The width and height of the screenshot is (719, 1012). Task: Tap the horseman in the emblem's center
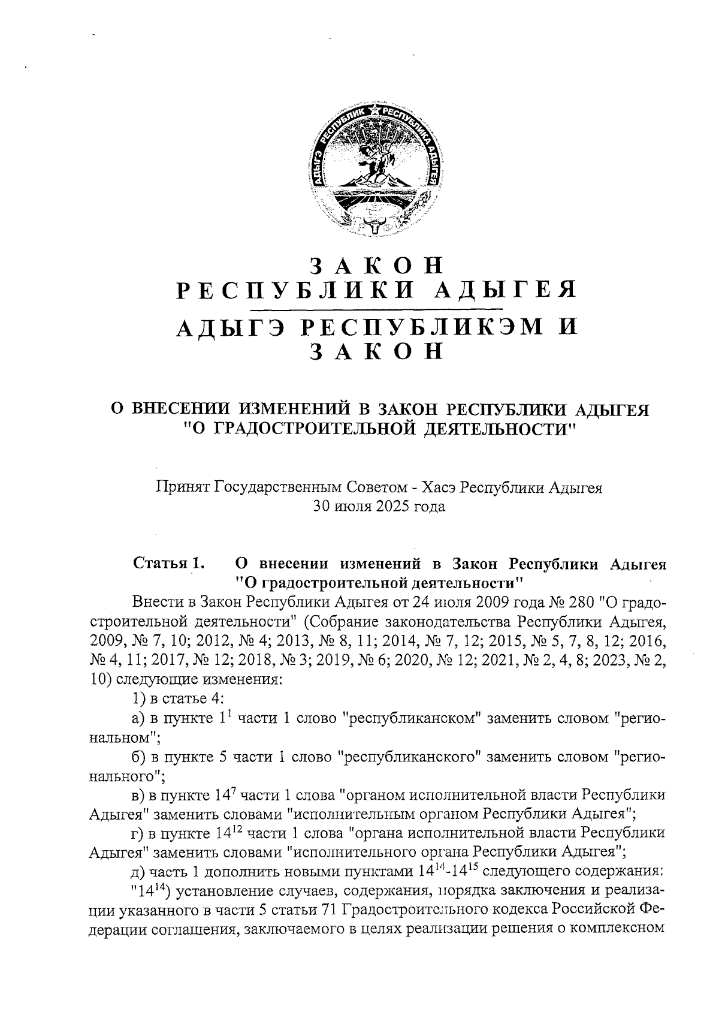click(376, 157)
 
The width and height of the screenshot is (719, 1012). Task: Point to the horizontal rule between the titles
click(376, 310)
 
